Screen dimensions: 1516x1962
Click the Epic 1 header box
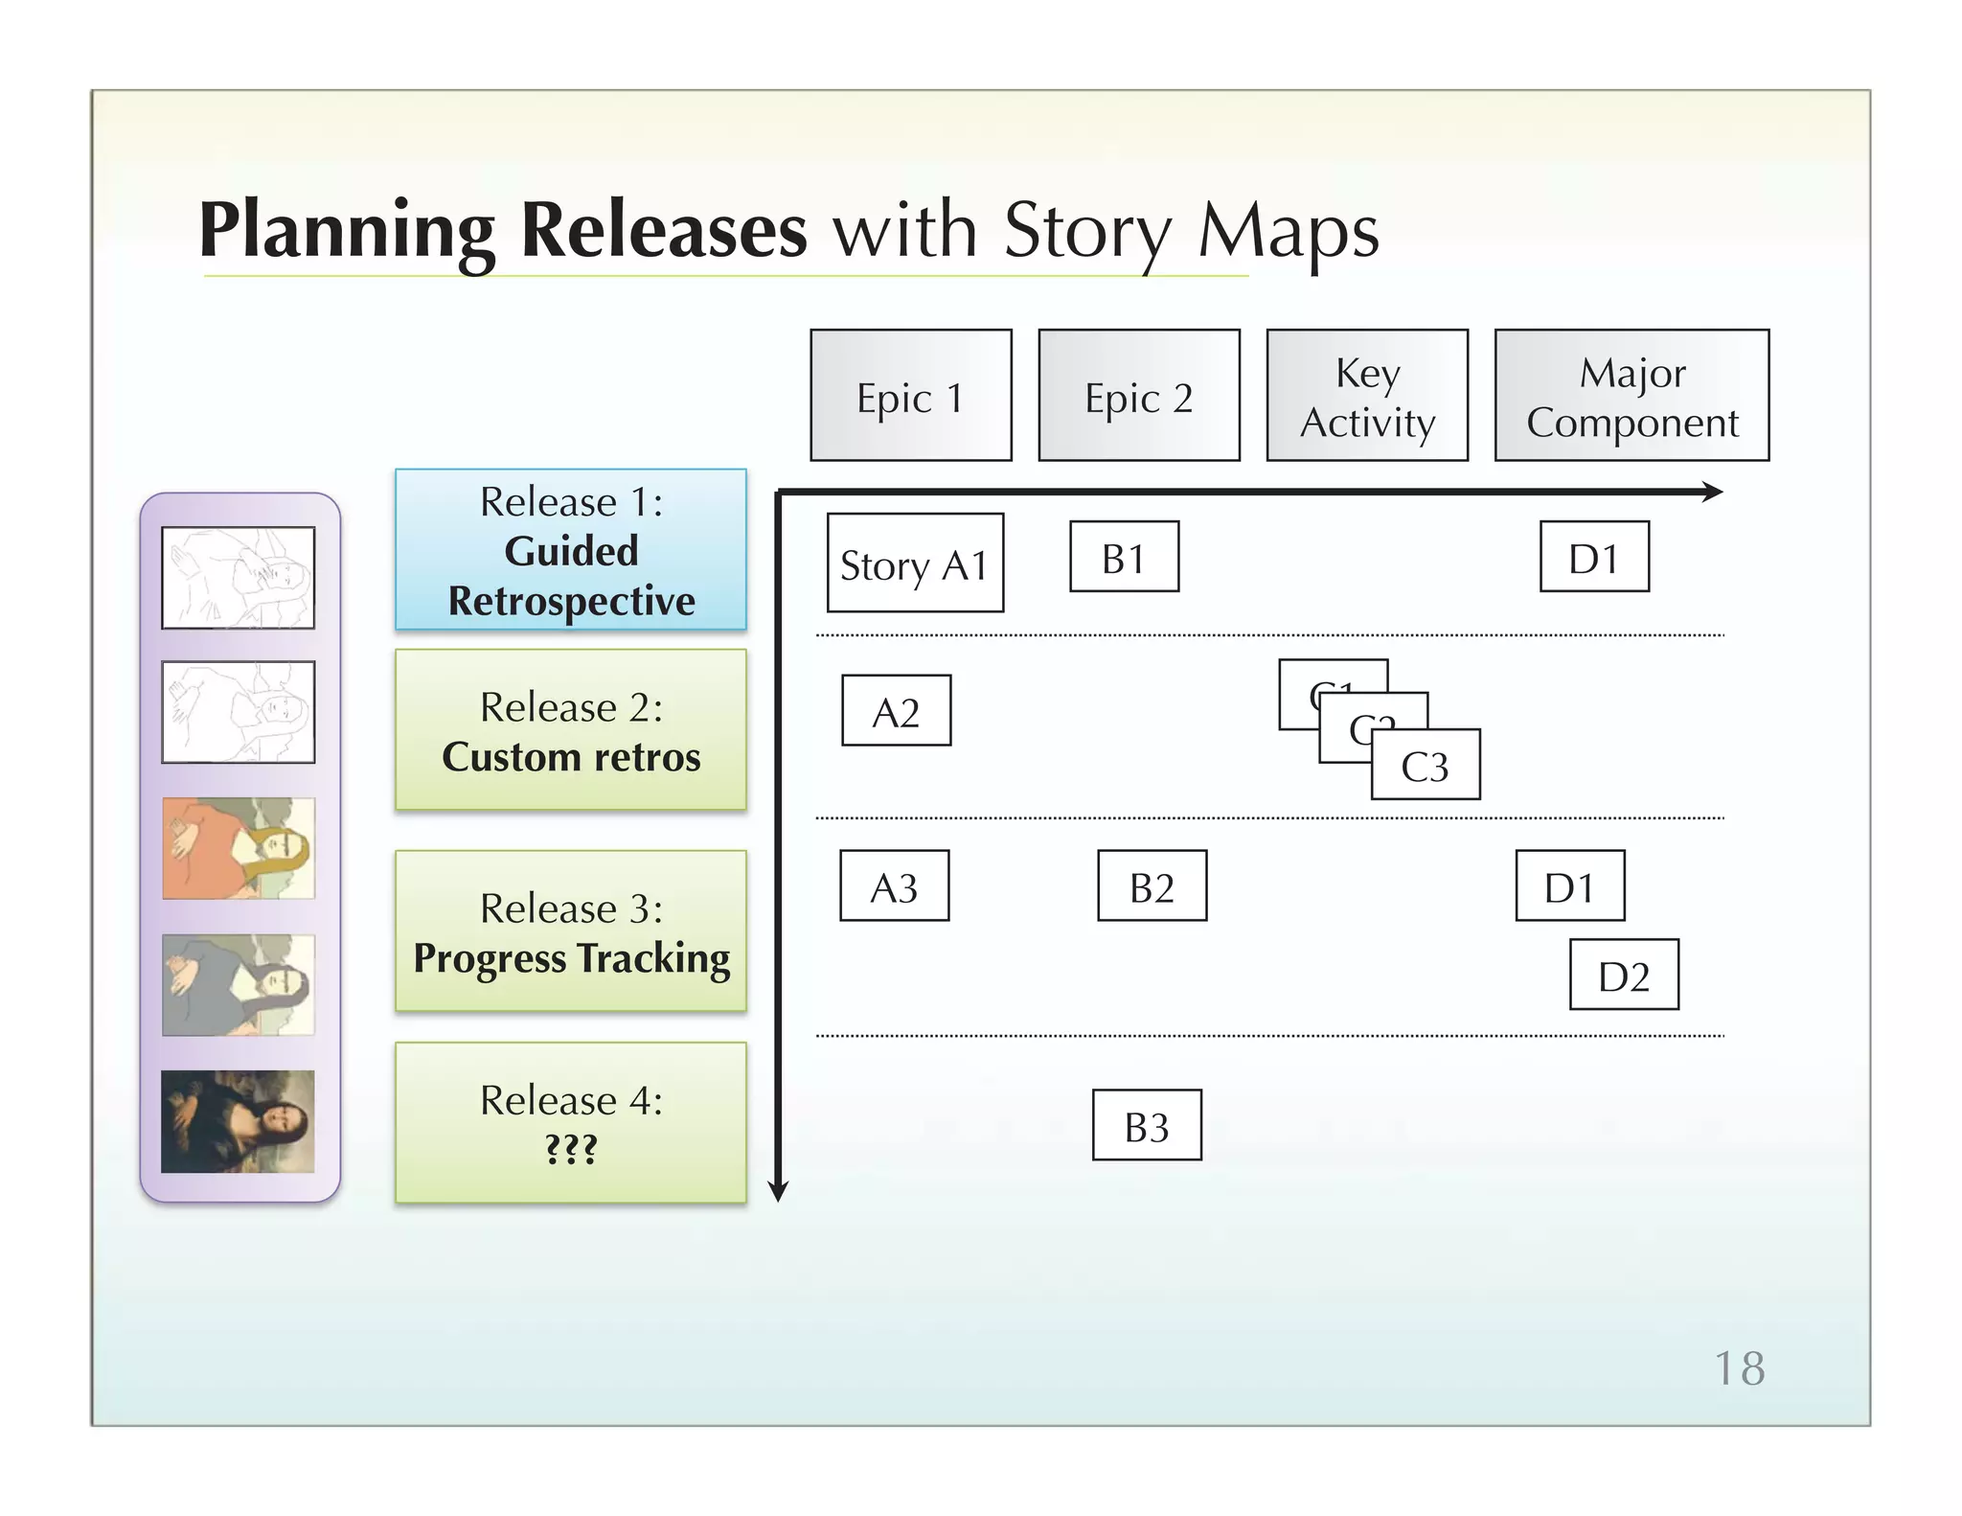pos(910,395)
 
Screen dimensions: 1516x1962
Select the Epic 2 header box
pos(1138,395)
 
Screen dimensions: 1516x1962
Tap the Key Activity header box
pos(1367,395)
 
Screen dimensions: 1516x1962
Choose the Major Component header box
pos(1631,395)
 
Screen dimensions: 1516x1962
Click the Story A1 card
pos(915,563)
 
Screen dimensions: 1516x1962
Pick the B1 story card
pos(1124,557)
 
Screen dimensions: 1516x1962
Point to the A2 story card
pos(896,710)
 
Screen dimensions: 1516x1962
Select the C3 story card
pos(1426,765)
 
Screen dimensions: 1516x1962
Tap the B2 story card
pos(1152,885)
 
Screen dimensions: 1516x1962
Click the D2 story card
pos(1624,975)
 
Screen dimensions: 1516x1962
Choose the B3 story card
pos(1147,1125)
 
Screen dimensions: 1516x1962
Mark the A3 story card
pos(894,885)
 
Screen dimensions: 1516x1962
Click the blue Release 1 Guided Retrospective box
pos(571,549)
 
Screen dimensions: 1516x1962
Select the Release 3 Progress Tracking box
pos(571,930)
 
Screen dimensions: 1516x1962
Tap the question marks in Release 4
pos(571,1148)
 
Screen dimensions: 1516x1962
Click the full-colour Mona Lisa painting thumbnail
pos(238,1121)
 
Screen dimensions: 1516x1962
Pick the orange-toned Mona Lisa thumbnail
pos(238,848)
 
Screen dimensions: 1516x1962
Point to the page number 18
pos(1739,1368)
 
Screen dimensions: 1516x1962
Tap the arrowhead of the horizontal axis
pos(1713,493)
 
